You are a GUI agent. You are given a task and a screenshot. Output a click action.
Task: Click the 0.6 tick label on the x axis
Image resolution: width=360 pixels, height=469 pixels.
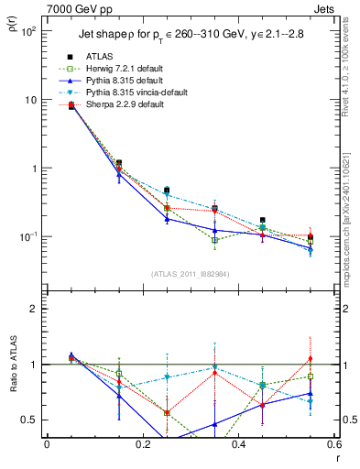[333, 446]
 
